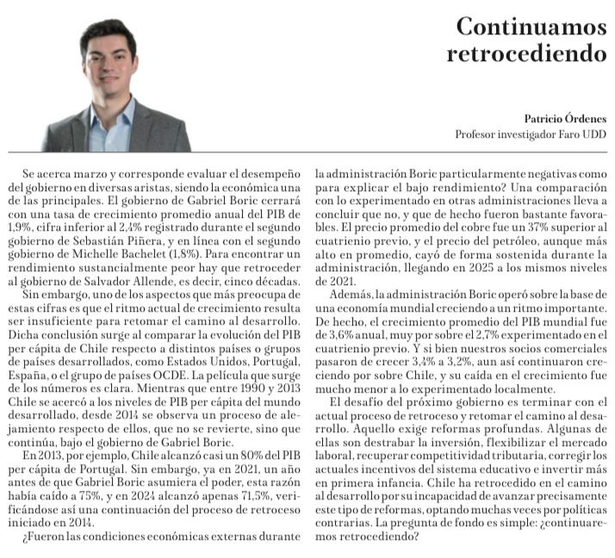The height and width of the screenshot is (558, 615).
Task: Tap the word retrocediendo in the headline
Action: point(526,53)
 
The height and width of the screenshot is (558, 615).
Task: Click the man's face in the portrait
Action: point(109,64)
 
